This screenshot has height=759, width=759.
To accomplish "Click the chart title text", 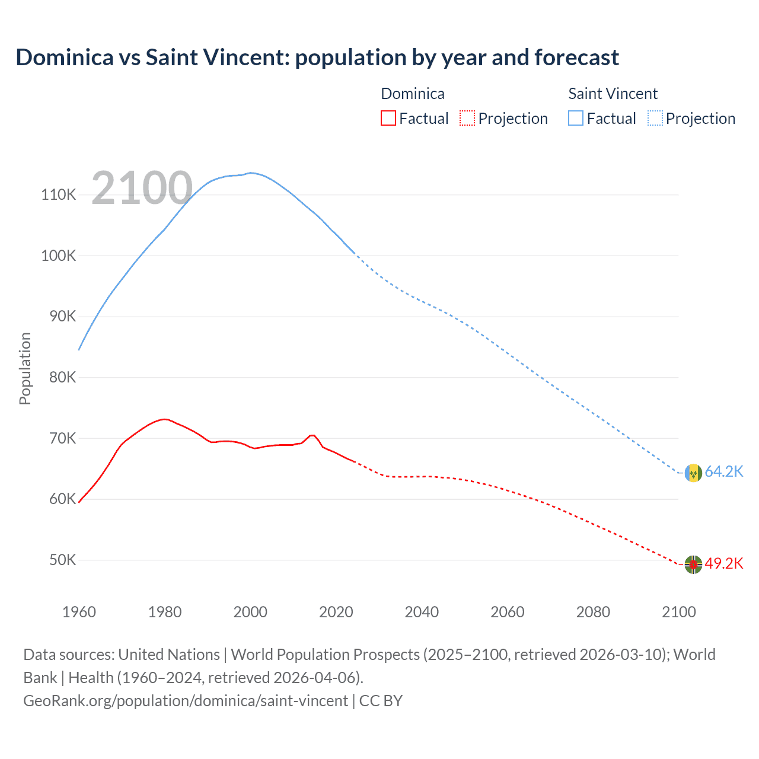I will tap(317, 58).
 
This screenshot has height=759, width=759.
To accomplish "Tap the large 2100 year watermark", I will tap(142, 189).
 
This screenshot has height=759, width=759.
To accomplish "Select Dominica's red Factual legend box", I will tap(388, 118).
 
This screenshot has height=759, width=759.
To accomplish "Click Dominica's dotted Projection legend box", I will tap(467, 118).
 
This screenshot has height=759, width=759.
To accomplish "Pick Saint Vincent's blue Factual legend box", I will tap(576, 118).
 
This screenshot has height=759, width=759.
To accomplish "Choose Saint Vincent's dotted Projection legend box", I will tap(655, 118).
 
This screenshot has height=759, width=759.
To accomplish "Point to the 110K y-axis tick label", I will tap(59, 194).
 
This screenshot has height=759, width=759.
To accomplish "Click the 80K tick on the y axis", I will tap(62, 377).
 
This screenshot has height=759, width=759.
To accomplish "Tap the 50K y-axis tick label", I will tap(62, 560).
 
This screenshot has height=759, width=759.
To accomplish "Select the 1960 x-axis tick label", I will tap(79, 612).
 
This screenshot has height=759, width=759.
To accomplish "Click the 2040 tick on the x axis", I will tap(422, 612).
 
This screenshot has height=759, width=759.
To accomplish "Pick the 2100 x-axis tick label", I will tap(678, 612).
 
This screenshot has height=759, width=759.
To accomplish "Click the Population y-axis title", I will tap(25, 368).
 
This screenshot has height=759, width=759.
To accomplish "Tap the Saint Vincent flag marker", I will tap(693, 473).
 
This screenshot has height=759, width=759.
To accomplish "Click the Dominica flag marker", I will tap(693, 565).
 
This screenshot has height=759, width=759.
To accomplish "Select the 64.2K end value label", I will tap(723, 471).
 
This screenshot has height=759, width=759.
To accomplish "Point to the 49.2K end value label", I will tap(723, 563).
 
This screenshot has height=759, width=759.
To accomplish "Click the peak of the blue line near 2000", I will tap(251, 173).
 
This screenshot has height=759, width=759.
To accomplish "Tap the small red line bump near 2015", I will tap(312, 435).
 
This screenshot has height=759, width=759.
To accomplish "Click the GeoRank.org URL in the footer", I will tap(186, 700).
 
